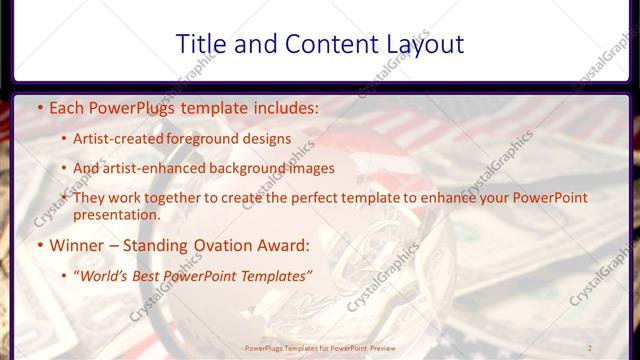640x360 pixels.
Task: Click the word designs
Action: (267, 138)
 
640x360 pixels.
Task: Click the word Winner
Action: (77, 245)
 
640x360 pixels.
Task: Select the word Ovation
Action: (219, 245)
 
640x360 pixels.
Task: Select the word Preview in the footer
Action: (388, 346)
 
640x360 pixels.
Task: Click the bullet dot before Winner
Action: (38, 245)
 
